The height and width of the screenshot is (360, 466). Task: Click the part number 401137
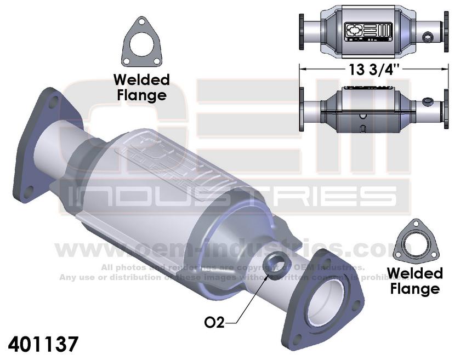click(43, 344)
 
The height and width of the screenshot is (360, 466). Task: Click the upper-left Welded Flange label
click(140, 87)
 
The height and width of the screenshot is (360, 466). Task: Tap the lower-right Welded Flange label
click(415, 280)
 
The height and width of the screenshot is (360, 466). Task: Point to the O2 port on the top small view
click(428, 37)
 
